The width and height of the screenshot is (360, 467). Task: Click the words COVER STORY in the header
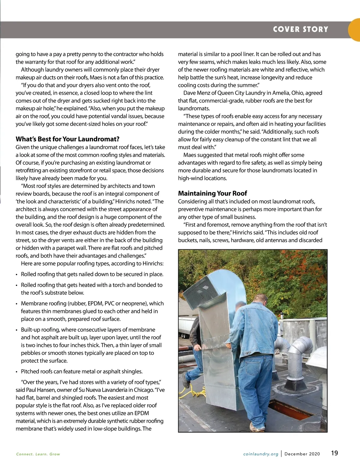(301, 29)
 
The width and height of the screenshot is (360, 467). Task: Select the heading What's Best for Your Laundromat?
(67, 139)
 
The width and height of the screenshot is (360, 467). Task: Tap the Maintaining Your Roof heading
(212, 193)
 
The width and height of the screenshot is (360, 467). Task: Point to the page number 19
(334, 453)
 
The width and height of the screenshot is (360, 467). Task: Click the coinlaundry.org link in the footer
(261, 454)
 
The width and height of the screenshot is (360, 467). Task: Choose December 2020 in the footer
(302, 454)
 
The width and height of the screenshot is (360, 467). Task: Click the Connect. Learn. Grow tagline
(38, 454)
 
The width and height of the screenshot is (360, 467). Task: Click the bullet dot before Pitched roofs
(17, 372)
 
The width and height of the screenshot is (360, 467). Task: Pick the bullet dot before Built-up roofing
(17, 330)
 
